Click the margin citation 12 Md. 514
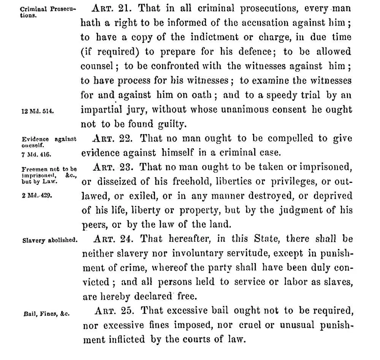tap(37, 111)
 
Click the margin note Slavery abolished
tap(50, 240)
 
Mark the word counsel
tap(97, 66)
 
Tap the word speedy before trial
tap(276, 95)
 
